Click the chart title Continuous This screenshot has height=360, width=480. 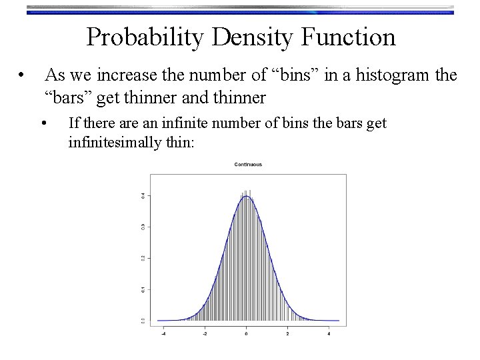[x=247, y=164]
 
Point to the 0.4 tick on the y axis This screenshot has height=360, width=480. [x=141, y=195]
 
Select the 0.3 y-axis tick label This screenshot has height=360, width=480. [x=141, y=227]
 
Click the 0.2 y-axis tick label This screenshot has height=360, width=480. [x=141, y=258]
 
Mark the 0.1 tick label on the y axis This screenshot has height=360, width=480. [x=141, y=289]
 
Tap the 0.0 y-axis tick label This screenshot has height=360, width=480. [x=141, y=321]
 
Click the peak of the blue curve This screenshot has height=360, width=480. [x=247, y=196]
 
